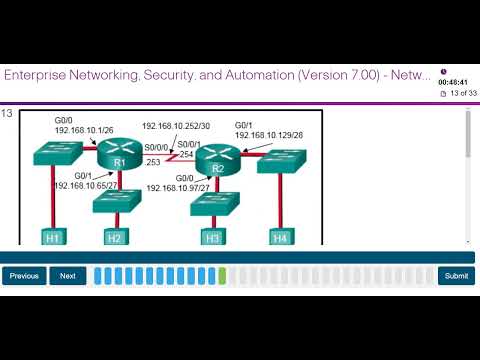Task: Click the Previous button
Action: pyautogui.click(x=24, y=276)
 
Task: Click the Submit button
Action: pyautogui.click(x=455, y=276)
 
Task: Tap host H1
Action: pyautogui.click(x=53, y=237)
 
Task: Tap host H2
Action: pyautogui.click(x=114, y=237)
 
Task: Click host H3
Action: pyautogui.click(x=212, y=237)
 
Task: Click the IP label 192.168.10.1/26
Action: pyautogui.click(x=83, y=130)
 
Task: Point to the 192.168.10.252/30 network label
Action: pyautogui.click(x=176, y=127)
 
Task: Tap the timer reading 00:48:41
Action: pyautogui.click(x=453, y=83)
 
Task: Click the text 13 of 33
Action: pyautogui.click(x=459, y=94)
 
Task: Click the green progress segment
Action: pyautogui.click(x=222, y=276)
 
